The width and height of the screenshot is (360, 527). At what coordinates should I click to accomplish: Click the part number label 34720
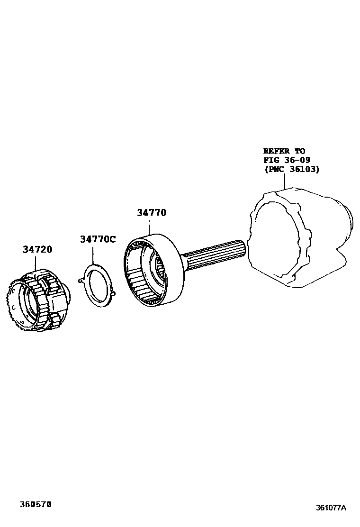pos(37,249)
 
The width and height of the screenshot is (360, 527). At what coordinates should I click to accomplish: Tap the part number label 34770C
pos(97,239)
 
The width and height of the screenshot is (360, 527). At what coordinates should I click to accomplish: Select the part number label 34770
pos(152,213)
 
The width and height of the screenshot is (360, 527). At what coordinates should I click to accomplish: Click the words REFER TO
pos(284,151)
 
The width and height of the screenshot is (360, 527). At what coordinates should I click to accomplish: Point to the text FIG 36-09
pos(287,160)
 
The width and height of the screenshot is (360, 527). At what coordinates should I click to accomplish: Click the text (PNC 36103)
pos(291,169)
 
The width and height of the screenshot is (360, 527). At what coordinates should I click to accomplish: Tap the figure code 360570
pos(36,504)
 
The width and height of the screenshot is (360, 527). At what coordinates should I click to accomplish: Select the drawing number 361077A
pos(331,508)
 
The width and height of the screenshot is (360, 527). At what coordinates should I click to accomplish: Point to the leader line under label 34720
pos(37,263)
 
